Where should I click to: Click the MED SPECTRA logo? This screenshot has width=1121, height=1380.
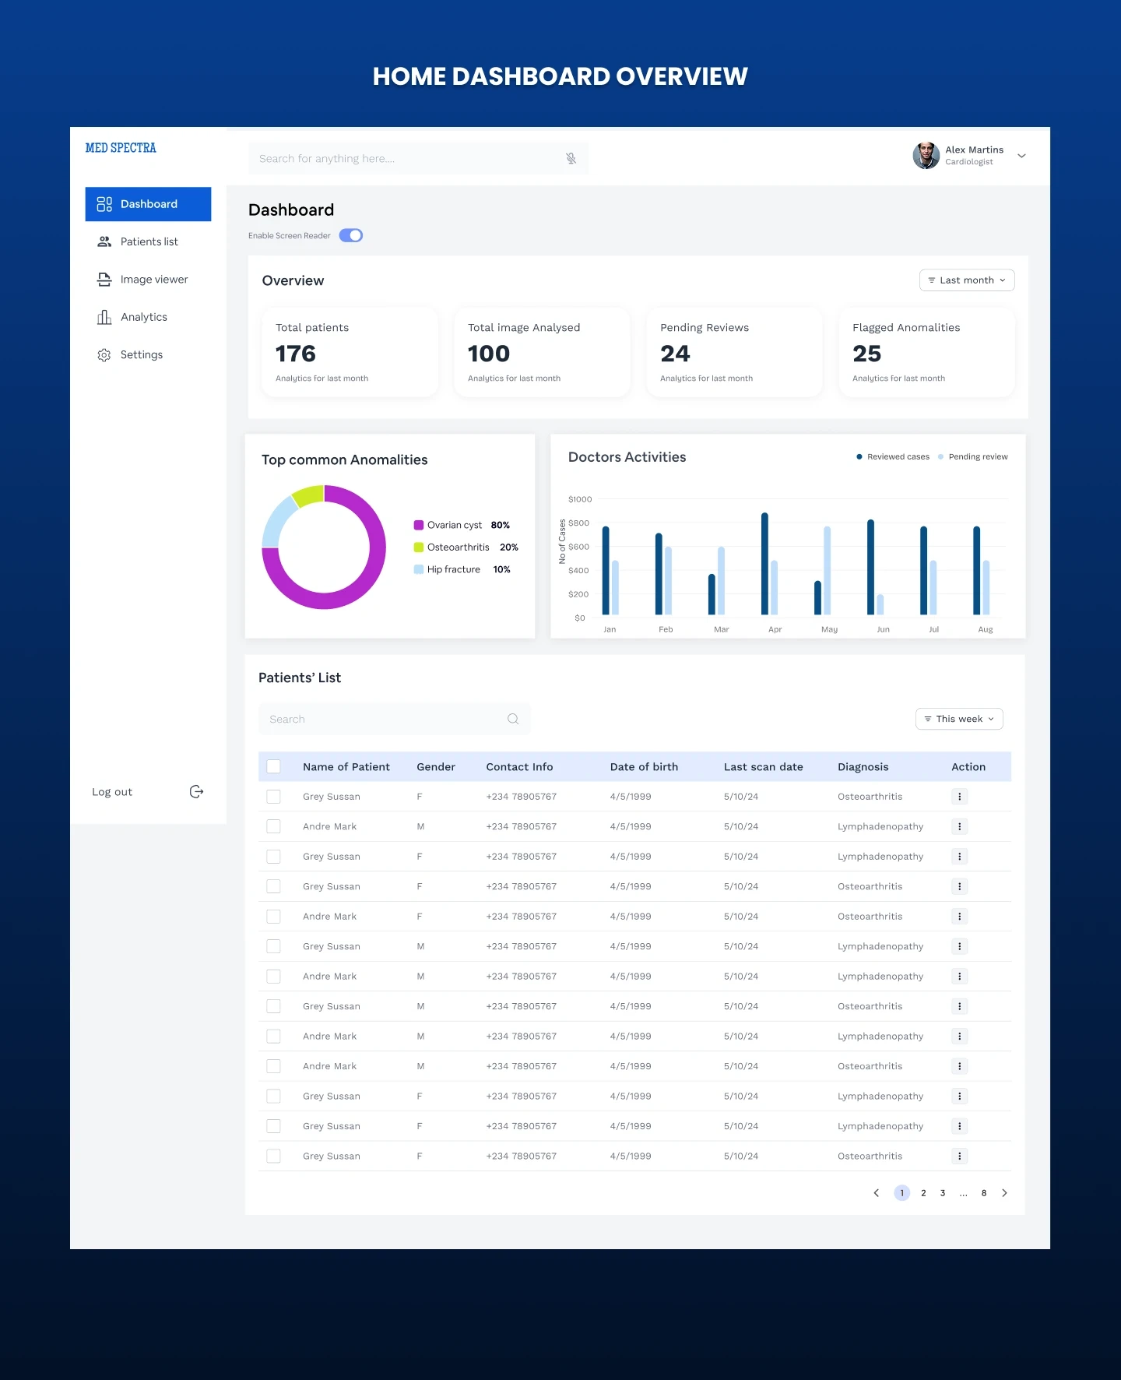(121, 148)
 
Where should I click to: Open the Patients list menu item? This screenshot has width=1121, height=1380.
(149, 241)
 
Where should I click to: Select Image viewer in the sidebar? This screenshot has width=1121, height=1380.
(153, 280)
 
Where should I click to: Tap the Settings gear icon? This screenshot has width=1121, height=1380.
(104, 355)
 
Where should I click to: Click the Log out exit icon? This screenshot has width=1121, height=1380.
(196, 792)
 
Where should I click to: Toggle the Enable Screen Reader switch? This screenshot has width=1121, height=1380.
(351, 235)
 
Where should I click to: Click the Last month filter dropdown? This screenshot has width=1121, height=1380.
(966, 280)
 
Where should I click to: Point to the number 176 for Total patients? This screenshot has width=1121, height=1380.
(296, 354)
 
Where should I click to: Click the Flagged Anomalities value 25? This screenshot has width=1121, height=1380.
(866, 354)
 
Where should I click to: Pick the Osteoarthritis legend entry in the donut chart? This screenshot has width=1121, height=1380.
(458, 547)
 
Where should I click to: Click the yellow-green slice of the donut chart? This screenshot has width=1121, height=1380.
(309, 495)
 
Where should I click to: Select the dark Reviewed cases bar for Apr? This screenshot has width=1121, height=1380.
(764, 563)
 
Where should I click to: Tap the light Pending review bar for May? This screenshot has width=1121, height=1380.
(827, 570)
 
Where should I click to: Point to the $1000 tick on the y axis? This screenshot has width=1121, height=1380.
(580, 499)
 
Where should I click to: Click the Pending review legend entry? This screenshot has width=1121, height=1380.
(977, 457)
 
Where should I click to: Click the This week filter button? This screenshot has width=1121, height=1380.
(959, 719)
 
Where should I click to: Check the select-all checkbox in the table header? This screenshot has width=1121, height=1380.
(273, 766)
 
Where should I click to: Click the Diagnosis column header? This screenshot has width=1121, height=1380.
(863, 767)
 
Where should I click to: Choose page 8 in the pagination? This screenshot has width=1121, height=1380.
(984, 1193)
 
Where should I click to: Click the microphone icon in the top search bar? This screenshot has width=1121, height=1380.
(571, 159)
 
